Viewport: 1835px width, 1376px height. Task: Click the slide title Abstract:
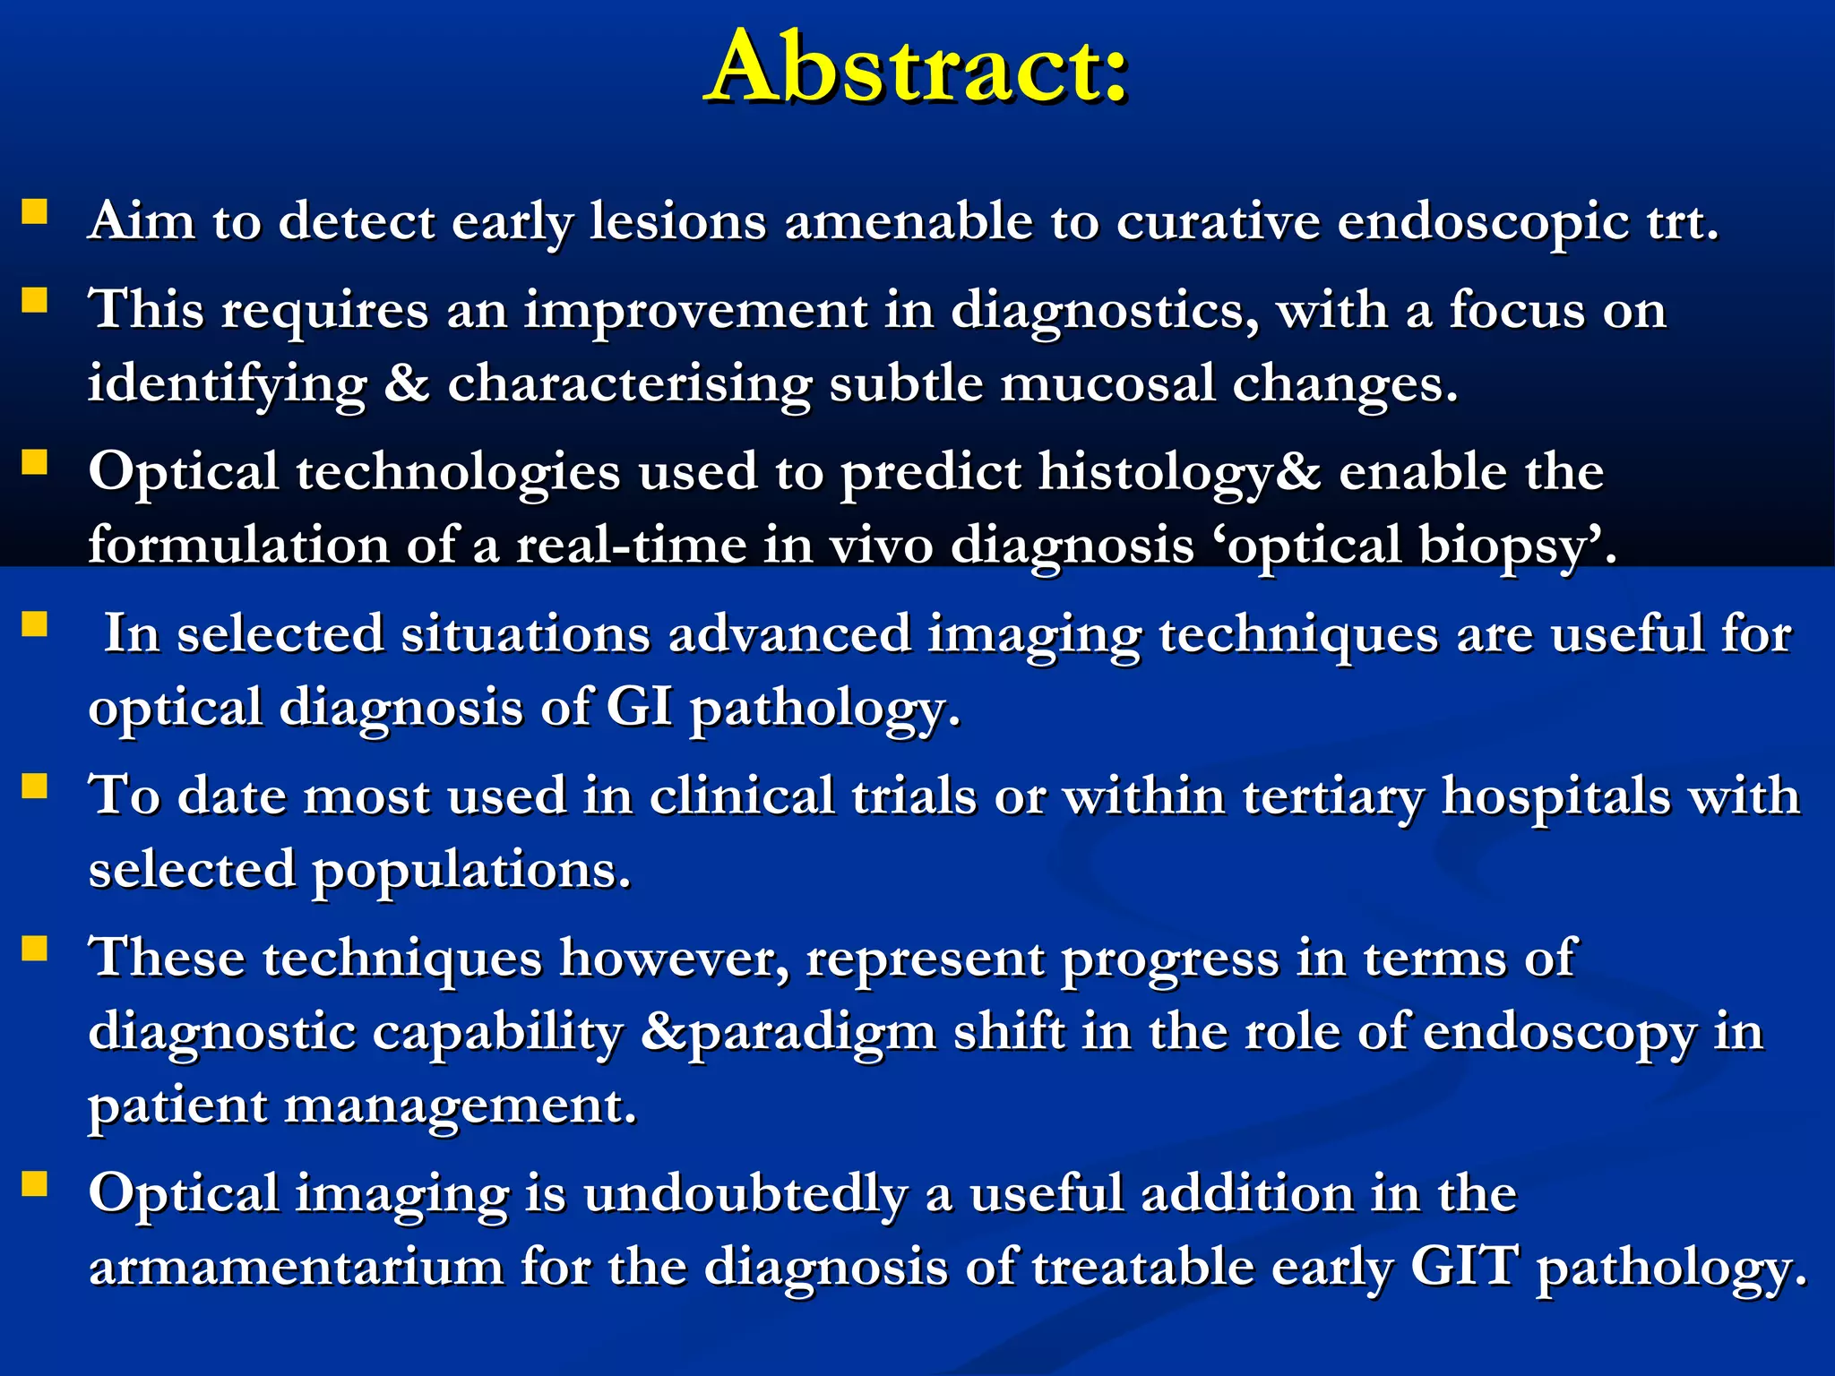[x=916, y=68]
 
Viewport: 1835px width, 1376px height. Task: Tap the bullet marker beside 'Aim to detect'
[x=35, y=211]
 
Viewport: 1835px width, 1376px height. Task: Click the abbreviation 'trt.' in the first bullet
[x=1683, y=221]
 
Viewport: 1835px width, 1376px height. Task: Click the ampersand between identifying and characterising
[x=407, y=383]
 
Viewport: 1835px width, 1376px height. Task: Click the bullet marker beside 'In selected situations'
[x=35, y=623]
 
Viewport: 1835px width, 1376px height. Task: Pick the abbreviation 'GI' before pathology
[x=639, y=708]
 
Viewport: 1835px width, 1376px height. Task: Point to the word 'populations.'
[x=471, y=870]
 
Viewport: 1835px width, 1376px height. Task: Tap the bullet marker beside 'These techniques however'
[x=35, y=948]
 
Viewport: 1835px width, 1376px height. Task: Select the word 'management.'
[x=460, y=1105]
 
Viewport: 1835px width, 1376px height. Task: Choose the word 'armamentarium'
[x=296, y=1268]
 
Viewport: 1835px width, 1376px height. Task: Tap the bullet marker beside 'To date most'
[x=35, y=786]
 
